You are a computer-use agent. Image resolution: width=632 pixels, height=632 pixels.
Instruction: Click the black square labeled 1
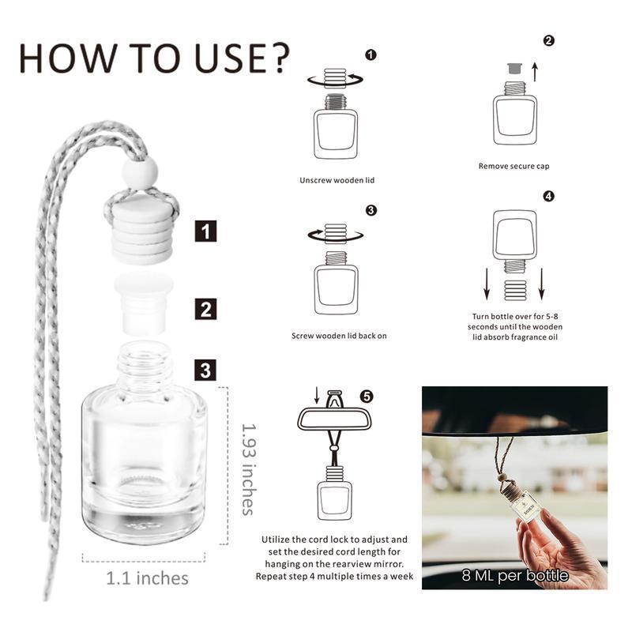pyautogui.click(x=206, y=232)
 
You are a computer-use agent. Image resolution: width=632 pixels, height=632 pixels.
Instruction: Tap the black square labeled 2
pyautogui.click(x=206, y=307)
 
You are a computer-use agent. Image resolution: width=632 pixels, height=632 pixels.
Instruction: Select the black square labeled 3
pyautogui.click(x=206, y=369)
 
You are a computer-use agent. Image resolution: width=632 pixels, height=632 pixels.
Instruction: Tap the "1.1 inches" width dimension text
pyautogui.click(x=148, y=578)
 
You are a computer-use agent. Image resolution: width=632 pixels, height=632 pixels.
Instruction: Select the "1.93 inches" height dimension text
pyautogui.click(x=250, y=468)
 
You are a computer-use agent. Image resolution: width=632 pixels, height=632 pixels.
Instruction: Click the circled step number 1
pyautogui.click(x=371, y=55)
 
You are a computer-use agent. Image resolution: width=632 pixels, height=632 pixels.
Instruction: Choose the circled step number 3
pyautogui.click(x=371, y=210)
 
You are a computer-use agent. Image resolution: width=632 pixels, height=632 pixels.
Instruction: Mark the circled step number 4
pyautogui.click(x=548, y=196)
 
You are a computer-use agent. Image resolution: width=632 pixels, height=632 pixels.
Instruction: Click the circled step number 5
pyautogui.click(x=366, y=396)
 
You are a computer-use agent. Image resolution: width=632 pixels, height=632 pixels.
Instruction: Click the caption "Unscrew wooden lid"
pyautogui.click(x=337, y=180)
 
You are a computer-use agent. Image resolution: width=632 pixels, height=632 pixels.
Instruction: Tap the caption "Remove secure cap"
pyautogui.click(x=513, y=166)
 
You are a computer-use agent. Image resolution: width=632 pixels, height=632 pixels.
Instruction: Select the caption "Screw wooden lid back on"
pyautogui.click(x=339, y=336)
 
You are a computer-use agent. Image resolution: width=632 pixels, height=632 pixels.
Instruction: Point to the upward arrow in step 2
pyautogui.click(x=535, y=73)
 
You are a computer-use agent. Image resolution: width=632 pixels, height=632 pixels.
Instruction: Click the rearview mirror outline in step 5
pyautogui.click(x=334, y=418)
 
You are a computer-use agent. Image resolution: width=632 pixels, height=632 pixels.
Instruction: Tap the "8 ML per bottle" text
pyautogui.click(x=515, y=575)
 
